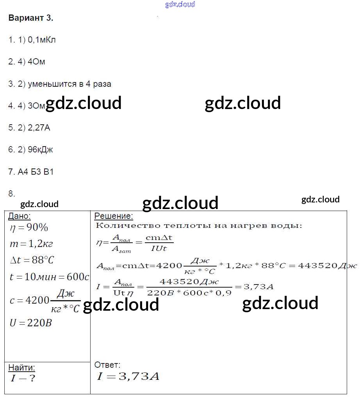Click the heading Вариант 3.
coord(30,18)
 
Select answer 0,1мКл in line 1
coord(42,40)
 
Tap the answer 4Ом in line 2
coord(37,62)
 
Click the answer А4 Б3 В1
coord(36,172)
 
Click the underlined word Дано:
coord(20,216)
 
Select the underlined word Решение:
coord(114,216)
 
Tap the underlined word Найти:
coord(21,368)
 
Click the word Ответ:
coord(107,365)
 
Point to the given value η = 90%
coord(29,227)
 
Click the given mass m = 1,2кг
coord(31,244)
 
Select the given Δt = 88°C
coord(32,260)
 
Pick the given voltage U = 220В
coord(31,323)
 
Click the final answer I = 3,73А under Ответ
coord(128,377)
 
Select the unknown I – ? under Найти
coord(22,378)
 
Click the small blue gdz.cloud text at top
coord(180,5)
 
